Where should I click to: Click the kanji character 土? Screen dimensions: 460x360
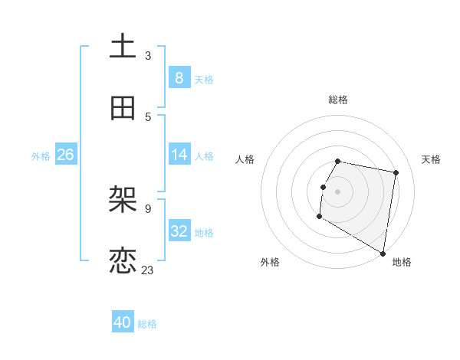[123, 47]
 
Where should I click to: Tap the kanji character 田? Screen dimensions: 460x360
[123, 108]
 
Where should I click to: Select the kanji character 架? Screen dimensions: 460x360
[123, 201]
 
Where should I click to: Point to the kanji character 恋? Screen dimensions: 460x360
[123, 261]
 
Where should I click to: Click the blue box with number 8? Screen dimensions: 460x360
[179, 77]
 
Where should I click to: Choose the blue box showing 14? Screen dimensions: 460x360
[179, 155]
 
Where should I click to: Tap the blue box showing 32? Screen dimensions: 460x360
[179, 231]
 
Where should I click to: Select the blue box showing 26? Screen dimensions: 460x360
[65, 155]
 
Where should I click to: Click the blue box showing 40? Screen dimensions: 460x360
[123, 322]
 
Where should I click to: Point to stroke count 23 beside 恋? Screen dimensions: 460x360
[148, 270]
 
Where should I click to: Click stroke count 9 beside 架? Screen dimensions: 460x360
[148, 208]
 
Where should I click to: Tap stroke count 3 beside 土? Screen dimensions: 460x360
[148, 55]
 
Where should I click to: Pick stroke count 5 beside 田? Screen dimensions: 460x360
[148, 116]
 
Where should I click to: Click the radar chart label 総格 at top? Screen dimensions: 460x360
[338, 100]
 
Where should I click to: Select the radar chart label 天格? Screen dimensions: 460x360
[431, 159]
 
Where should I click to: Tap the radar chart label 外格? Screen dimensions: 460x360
[270, 263]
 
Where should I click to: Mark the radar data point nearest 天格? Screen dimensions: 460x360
[396, 173]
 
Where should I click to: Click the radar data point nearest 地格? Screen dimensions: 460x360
[383, 254]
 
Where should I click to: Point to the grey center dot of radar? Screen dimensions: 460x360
[338, 191]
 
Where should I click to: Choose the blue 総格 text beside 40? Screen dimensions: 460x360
[147, 324]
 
